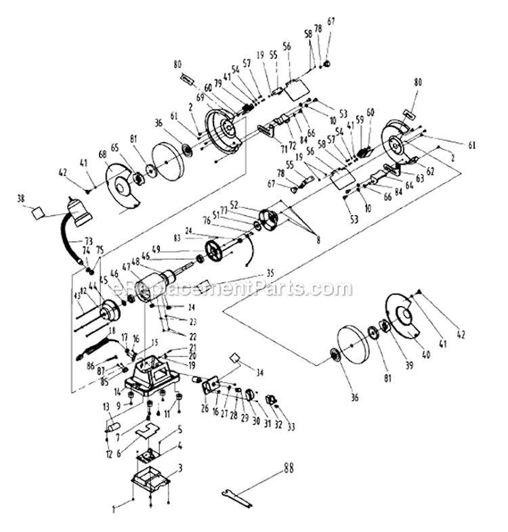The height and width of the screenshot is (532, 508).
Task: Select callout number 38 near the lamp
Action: pyautogui.click(x=20, y=199)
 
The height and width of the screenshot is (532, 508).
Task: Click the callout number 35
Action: pyautogui.click(x=271, y=274)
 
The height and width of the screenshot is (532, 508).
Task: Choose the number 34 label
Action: pyautogui.click(x=260, y=372)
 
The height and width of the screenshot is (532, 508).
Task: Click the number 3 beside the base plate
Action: pyautogui.click(x=181, y=468)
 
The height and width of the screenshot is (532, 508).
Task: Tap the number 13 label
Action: pyautogui.click(x=106, y=405)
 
